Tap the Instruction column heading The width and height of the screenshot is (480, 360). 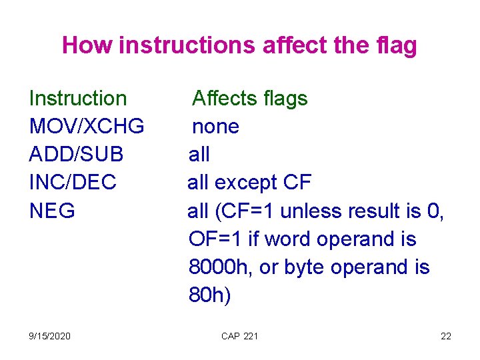tap(78, 99)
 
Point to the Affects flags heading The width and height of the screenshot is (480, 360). tap(250, 99)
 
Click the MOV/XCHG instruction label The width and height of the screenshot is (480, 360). tap(87, 127)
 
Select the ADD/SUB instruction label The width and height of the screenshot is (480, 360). tap(77, 155)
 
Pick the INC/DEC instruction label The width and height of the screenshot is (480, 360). tap(73, 183)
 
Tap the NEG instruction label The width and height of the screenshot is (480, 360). tap(53, 211)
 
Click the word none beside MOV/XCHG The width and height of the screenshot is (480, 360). tap(215, 127)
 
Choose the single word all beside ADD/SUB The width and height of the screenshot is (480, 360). tap(199, 155)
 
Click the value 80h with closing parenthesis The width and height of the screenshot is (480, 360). tap(210, 295)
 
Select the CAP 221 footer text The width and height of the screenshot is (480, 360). tap(239, 336)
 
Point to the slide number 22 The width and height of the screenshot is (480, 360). tap(446, 336)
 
